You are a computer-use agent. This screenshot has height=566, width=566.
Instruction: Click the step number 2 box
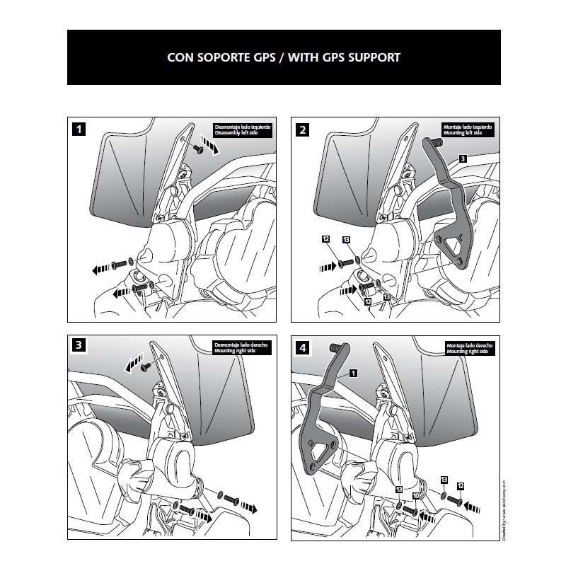tap(304, 129)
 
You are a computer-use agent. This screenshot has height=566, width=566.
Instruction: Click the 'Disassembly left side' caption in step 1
tap(241, 133)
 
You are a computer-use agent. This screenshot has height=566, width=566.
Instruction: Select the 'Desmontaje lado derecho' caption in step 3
tap(241, 345)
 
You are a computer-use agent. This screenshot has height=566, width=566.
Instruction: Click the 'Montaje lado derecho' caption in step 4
tap(467, 345)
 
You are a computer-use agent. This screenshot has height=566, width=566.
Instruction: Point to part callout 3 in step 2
tap(461, 160)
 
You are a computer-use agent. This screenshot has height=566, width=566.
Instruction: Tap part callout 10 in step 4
tap(417, 497)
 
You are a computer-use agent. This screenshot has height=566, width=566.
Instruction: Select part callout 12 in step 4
tap(461, 486)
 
